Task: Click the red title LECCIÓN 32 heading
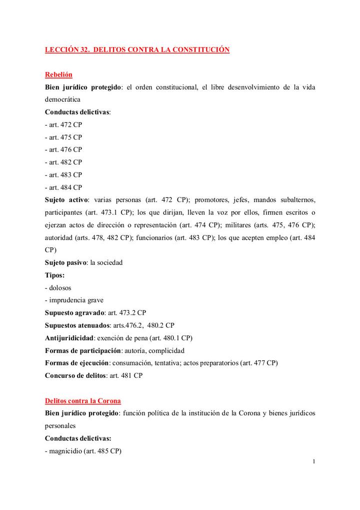point(137,50)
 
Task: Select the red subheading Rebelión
point(58,75)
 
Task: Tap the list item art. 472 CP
point(63,125)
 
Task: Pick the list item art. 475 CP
point(63,137)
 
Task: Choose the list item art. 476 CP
point(63,150)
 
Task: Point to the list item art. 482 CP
point(63,162)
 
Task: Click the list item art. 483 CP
point(63,175)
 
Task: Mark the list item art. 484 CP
point(63,187)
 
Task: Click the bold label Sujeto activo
point(66,200)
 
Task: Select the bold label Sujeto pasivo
point(66,262)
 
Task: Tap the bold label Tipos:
point(54,275)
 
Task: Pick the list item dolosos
point(59,288)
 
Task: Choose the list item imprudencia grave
point(75,300)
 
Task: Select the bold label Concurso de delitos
point(75,375)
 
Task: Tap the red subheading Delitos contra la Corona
point(82,401)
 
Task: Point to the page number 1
point(313,461)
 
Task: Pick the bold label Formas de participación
point(83,350)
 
